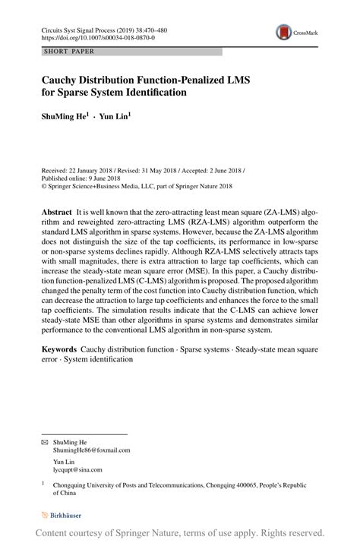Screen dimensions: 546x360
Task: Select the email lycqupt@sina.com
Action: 80,470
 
